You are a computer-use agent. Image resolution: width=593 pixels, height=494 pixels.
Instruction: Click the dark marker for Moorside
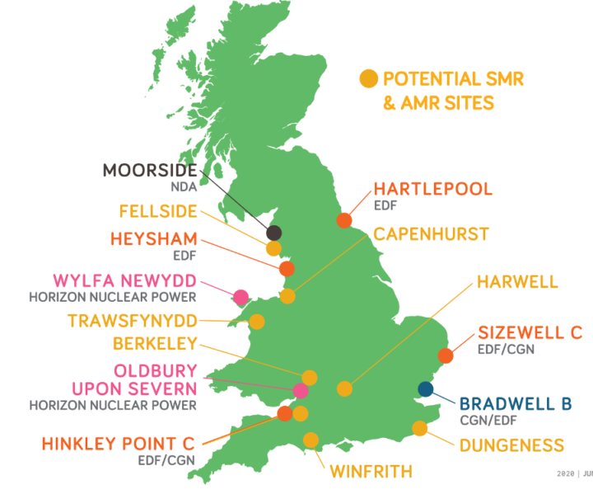tap(274, 233)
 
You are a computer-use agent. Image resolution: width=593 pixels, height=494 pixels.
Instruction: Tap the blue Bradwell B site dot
tap(426, 389)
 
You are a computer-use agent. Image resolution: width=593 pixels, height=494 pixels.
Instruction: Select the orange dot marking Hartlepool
tap(344, 220)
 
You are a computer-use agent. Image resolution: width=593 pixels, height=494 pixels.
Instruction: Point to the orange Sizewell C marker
tap(446, 356)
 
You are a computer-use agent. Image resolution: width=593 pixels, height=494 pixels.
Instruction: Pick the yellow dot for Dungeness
tap(420, 428)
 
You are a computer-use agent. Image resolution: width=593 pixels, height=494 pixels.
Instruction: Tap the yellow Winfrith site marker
tap(311, 440)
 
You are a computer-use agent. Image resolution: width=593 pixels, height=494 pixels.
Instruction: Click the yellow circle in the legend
tap(369, 79)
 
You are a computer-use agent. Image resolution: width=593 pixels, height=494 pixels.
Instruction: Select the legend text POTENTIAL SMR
tap(454, 79)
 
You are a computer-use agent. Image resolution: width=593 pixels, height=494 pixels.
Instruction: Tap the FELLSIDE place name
tap(158, 211)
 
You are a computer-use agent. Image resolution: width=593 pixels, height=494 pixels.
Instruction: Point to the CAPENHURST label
tap(431, 234)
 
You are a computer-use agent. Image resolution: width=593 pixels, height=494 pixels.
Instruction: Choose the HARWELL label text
tap(517, 283)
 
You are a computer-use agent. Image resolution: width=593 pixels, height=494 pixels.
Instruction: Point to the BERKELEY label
tap(156, 344)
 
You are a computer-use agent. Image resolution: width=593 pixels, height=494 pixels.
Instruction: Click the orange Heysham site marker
tap(287, 269)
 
